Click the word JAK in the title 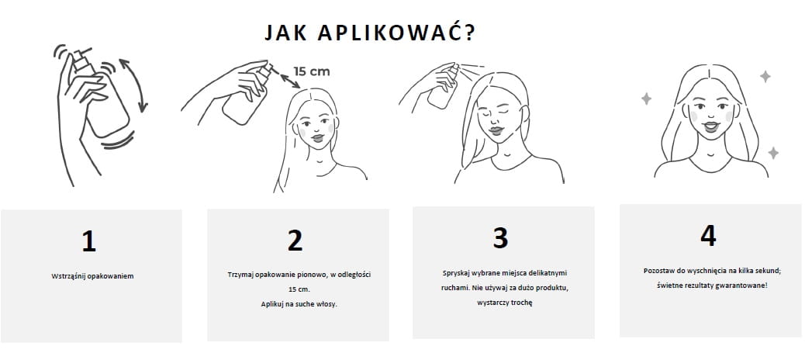[x=285, y=33]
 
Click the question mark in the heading [x=468, y=32]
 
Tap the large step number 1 [x=89, y=241]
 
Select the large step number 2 [x=295, y=240]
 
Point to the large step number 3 [x=500, y=237]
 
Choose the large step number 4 [x=708, y=236]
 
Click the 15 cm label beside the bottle [x=312, y=71]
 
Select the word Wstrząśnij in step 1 [x=67, y=276]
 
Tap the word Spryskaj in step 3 [x=454, y=273]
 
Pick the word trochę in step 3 [x=522, y=303]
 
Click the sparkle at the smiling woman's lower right [x=773, y=153]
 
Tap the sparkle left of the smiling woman [x=646, y=99]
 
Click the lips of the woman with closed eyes [x=496, y=130]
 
